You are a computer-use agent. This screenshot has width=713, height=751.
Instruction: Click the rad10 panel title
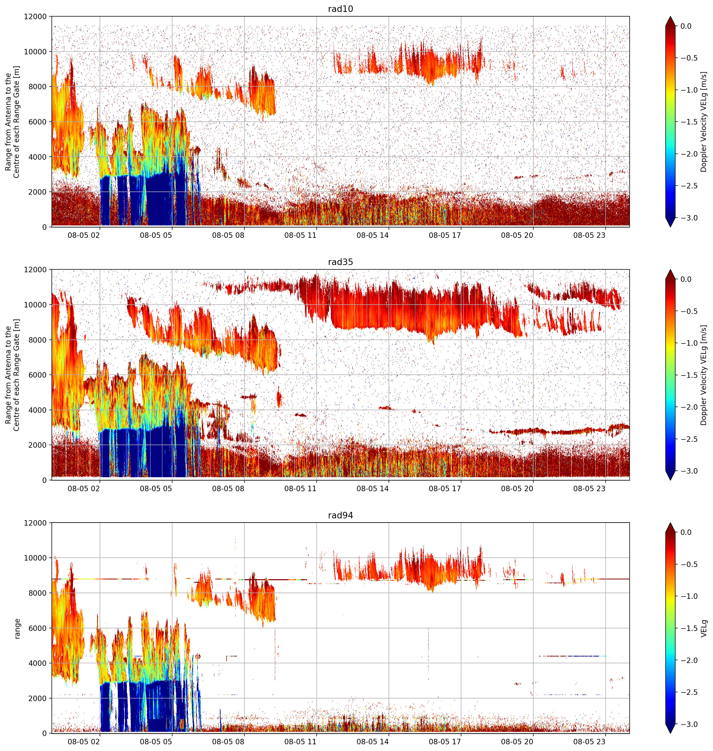340,9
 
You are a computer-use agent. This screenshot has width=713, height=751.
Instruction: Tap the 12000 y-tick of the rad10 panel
35,17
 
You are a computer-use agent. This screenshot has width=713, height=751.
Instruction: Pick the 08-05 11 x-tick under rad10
300,235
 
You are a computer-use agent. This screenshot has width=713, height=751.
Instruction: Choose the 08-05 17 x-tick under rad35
445,489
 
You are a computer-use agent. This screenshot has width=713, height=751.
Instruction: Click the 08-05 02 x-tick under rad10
84,235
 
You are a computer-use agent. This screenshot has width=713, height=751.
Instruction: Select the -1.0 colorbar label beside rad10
689,90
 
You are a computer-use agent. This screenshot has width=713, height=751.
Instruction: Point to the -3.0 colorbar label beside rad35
689,471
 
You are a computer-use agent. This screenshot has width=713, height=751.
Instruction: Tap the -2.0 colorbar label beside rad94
689,660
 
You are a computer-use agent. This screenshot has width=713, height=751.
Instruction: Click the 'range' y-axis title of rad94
17,629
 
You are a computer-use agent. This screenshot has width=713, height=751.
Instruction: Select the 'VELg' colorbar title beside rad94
704,628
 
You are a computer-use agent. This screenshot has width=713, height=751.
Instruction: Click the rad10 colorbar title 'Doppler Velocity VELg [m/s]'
704,122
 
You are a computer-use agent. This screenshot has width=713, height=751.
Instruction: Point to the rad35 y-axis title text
12,375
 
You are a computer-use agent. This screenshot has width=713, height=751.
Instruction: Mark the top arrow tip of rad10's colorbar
671,16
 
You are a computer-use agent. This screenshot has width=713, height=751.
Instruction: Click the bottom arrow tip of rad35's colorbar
671,480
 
